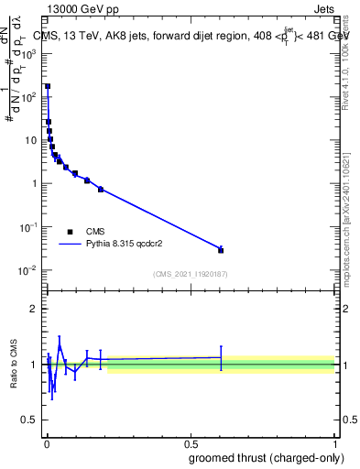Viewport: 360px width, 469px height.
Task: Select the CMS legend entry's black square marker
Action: tap(70, 232)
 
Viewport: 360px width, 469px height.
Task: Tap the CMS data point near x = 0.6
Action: tap(221, 250)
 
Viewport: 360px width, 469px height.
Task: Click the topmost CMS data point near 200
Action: tap(48, 86)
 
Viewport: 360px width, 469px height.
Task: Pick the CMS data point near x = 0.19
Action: tap(101, 189)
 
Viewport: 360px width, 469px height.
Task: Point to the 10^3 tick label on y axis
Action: tap(28, 53)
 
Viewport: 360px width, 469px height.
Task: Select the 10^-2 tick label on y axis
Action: tap(28, 270)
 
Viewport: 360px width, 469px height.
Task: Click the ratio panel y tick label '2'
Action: tap(35, 309)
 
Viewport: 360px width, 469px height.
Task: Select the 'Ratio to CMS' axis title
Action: tap(14, 365)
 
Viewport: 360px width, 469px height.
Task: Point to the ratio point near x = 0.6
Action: tap(221, 358)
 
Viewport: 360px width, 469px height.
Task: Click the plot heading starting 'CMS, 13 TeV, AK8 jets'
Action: tap(183, 36)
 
